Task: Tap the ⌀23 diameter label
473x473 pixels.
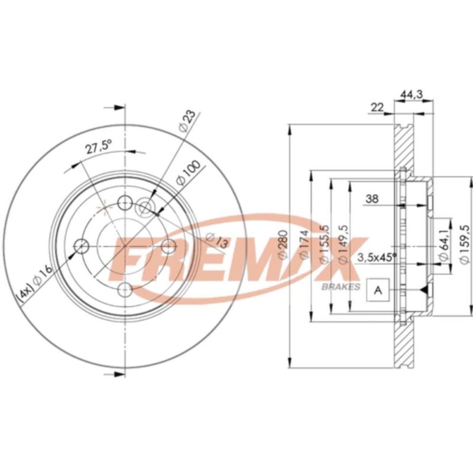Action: coord(186,120)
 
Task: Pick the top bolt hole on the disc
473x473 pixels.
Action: coord(125,203)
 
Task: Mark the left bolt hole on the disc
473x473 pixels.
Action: coord(81,245)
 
